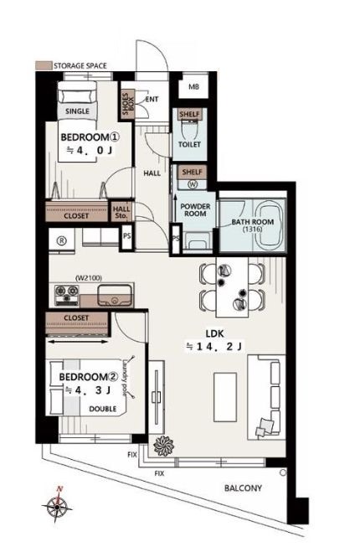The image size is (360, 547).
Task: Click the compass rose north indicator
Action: [57, 504]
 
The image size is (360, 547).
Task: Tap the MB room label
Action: [193, 86]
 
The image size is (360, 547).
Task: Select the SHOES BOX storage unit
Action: [127, 105]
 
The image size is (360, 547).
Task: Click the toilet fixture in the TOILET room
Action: [190, 130]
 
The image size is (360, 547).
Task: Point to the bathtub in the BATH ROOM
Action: [270, 225]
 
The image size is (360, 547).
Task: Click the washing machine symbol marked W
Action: [193, 183]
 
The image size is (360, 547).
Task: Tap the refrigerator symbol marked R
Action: [62, 240]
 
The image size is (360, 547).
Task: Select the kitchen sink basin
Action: [115, 296]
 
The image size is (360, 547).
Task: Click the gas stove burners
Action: [67, 295]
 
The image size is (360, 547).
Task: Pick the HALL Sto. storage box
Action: [121, 212]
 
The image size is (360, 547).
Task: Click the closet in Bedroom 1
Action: [76, 211]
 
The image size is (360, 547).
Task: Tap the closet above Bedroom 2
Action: [76, 323]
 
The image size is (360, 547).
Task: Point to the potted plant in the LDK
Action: [163, 446]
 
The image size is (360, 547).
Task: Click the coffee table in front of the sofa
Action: [225, 397]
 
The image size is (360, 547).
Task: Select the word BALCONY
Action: [243, 488]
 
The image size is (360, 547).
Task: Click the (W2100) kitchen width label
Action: [89, 278]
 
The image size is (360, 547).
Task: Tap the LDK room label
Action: [214, 333]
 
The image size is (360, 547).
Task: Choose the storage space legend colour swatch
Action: [44, 65]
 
